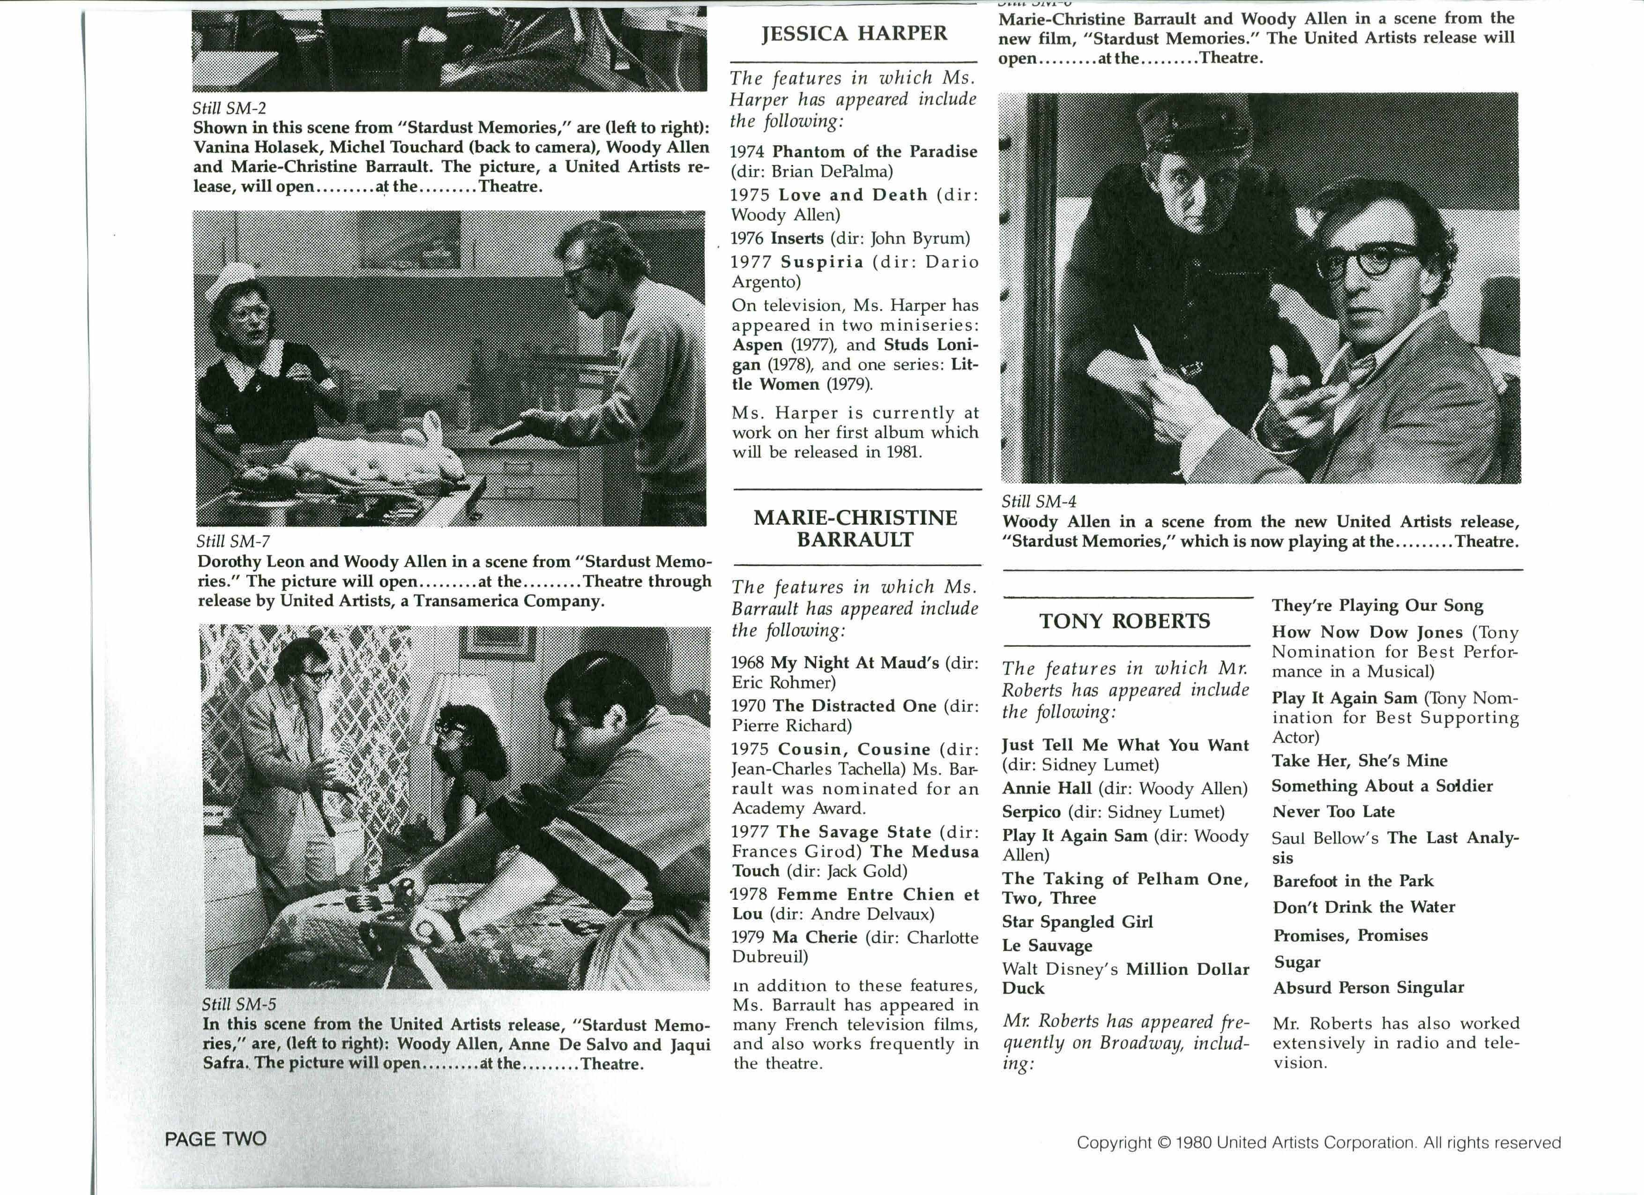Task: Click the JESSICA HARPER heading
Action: coord(854,33)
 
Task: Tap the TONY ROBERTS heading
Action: coord(1124,621)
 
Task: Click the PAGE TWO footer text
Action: coord(216,1138)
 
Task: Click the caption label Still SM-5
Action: coord(238,1004)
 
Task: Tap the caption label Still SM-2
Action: coord(229,108)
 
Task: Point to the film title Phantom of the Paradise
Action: coord(874,151)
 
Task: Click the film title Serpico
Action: coord(1031,812)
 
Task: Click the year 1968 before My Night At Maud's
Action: coord(748,663)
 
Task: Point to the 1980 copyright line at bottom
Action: coord(1318,1143)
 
